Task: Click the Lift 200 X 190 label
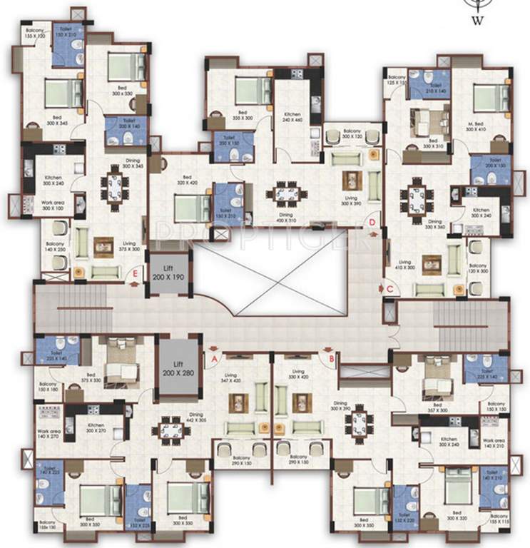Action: click(168, 272)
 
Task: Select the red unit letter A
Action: click(213, 350)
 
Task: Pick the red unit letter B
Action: click(331, 350)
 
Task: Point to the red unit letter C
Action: click(390, 288)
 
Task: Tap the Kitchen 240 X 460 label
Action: click(292, 118)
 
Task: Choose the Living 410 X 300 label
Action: click(405, 265)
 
